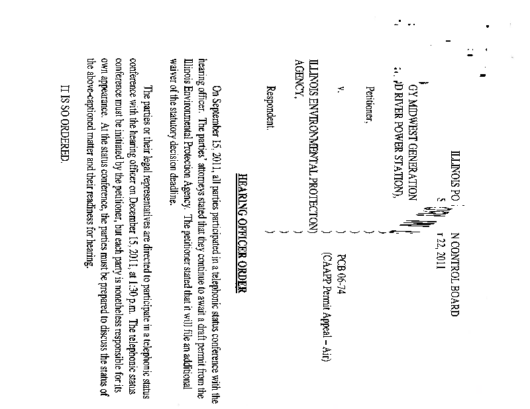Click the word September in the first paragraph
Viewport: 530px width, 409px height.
[x=219, y=97]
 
